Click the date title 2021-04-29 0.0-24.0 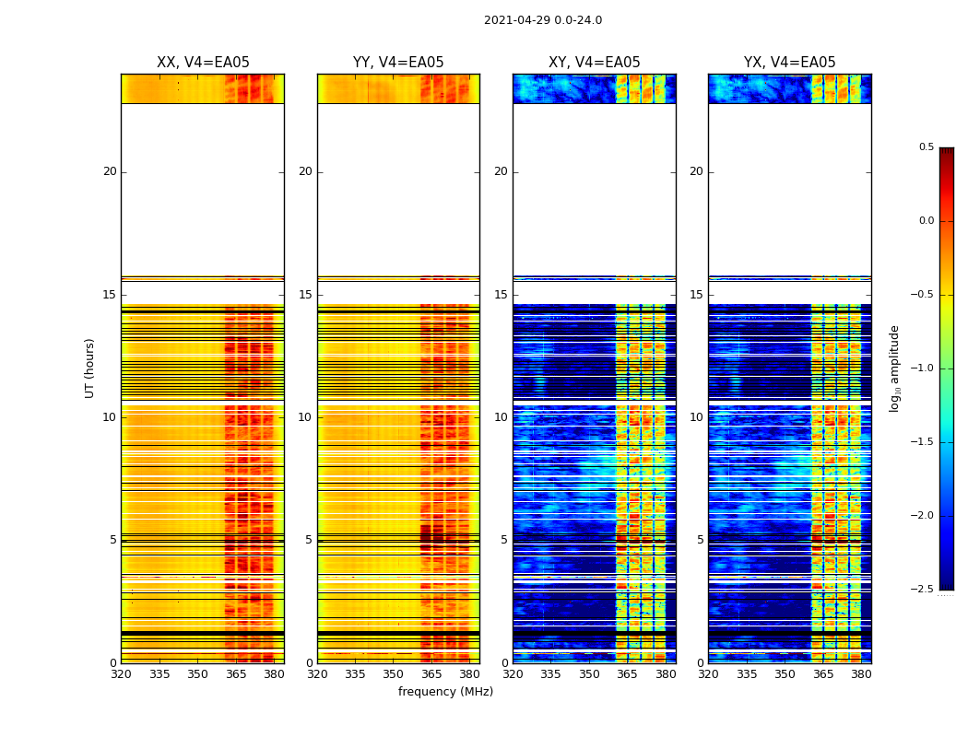click(542, 20)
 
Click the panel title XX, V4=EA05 click(203, 63)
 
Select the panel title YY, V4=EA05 click(398, 63)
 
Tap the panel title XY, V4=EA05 click(594, 63)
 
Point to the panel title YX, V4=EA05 click(789, 63)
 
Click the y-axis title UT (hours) click(89, 368)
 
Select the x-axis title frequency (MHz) click(445, 692)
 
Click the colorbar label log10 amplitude click(894, 368)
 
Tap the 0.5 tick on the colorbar click(926, 147)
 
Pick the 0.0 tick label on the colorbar click(926, 221)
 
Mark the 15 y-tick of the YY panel click(305, 295)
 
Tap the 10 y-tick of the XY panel click(501, 417)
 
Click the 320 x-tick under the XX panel click(121, 674)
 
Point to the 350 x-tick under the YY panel click(393, 674)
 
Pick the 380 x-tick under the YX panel click(861, 674)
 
